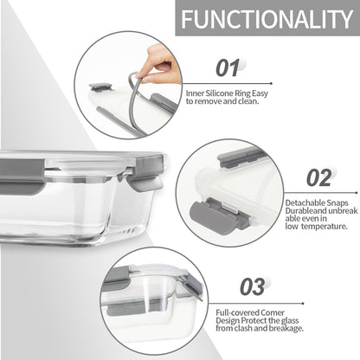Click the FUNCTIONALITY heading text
[x=267, y=19]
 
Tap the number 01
[x=228, y=68]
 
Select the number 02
[x=319, y=177]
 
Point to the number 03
[x=253, y=286]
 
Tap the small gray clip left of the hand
[x=100, y=87]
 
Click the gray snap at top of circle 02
[x=240, y=157]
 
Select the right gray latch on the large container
[x=148, y=172]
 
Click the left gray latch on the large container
[x=22, y=177]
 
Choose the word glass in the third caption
[x=290, y=320]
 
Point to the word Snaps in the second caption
[x=337, y=202]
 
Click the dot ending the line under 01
[x=271, y=84]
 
